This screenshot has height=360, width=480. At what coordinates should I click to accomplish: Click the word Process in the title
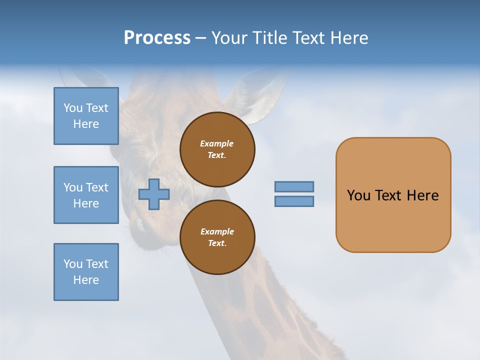pyautogui.click(x=157, y=38)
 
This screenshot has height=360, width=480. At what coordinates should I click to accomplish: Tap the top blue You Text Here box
pyautogui.click(x=86, y=116)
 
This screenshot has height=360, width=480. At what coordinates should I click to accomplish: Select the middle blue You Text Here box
pyautogui.click(x=86, y=195)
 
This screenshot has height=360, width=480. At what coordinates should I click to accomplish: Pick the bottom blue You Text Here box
pyautogui.click(x=86, y=272)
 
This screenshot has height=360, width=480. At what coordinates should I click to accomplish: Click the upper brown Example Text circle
pyautogui.click(x=217, y=149)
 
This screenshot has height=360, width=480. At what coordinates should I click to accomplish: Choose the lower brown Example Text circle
pyautogui.click(x=217, y=237)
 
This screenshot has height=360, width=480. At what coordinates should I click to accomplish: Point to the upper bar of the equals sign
pyautogui.click(x=294, y=187)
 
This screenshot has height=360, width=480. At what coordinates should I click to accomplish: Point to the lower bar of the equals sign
pyautogui.click(x=294, y=201)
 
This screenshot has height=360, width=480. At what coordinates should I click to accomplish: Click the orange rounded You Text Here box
pyautogui.click(x=393, y=195)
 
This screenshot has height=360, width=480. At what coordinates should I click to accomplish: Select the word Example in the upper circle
pyautogui.click(x=217, y=143)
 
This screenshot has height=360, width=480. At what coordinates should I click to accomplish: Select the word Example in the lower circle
pyautogui.click(x=217, y=231)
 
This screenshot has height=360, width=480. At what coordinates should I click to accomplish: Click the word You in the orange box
pyautogui.click(x=358, y=195)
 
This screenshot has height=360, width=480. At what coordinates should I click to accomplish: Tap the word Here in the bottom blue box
pyautogui.click(x=86, y=280)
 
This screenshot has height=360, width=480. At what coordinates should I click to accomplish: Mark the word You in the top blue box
pyautogui.click(x=73, y=108)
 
